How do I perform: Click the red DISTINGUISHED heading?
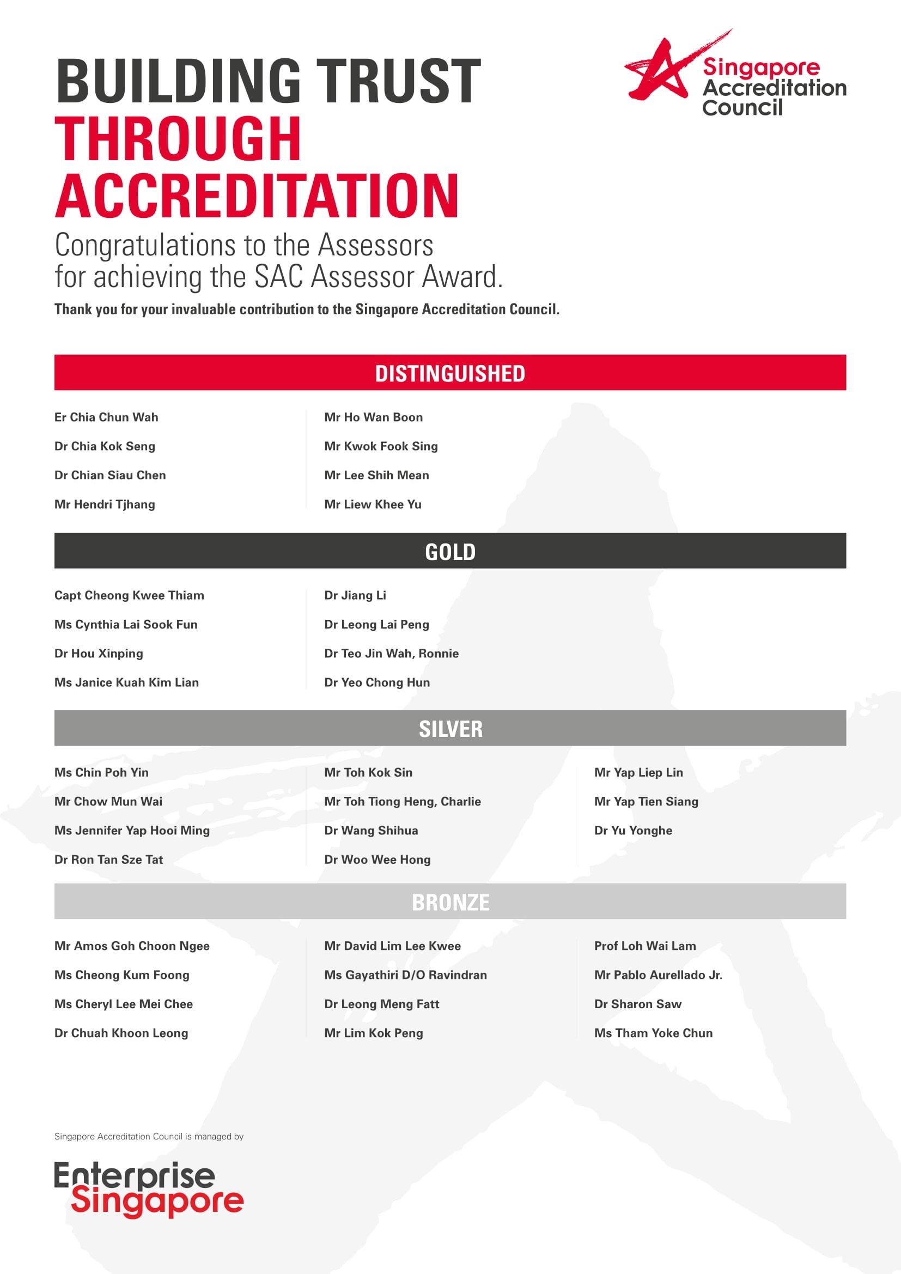tap(450, 373)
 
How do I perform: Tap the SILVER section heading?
tap(450, 729)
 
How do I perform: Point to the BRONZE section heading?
tap(450, 901)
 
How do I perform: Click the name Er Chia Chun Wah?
tap(106, 417)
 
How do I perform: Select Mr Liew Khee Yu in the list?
tap(373, 504)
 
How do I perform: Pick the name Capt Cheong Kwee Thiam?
tap(129, 595)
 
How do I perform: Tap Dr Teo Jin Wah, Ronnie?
tap(391, 654)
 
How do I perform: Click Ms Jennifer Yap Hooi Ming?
tap(132, 831)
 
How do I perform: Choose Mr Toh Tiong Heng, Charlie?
tap(402, 802)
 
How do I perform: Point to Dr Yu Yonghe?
tap(633, 831)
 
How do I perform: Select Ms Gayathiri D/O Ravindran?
tap(406, 975)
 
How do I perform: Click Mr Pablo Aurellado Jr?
tap(658, 975)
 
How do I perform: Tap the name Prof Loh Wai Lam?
tap(644, 946)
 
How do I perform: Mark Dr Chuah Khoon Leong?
tap(121, 1033)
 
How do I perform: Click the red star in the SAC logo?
tap(660, 69)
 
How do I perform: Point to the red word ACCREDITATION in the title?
tap(257, 196)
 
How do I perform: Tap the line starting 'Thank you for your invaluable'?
tap(307, 309)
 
